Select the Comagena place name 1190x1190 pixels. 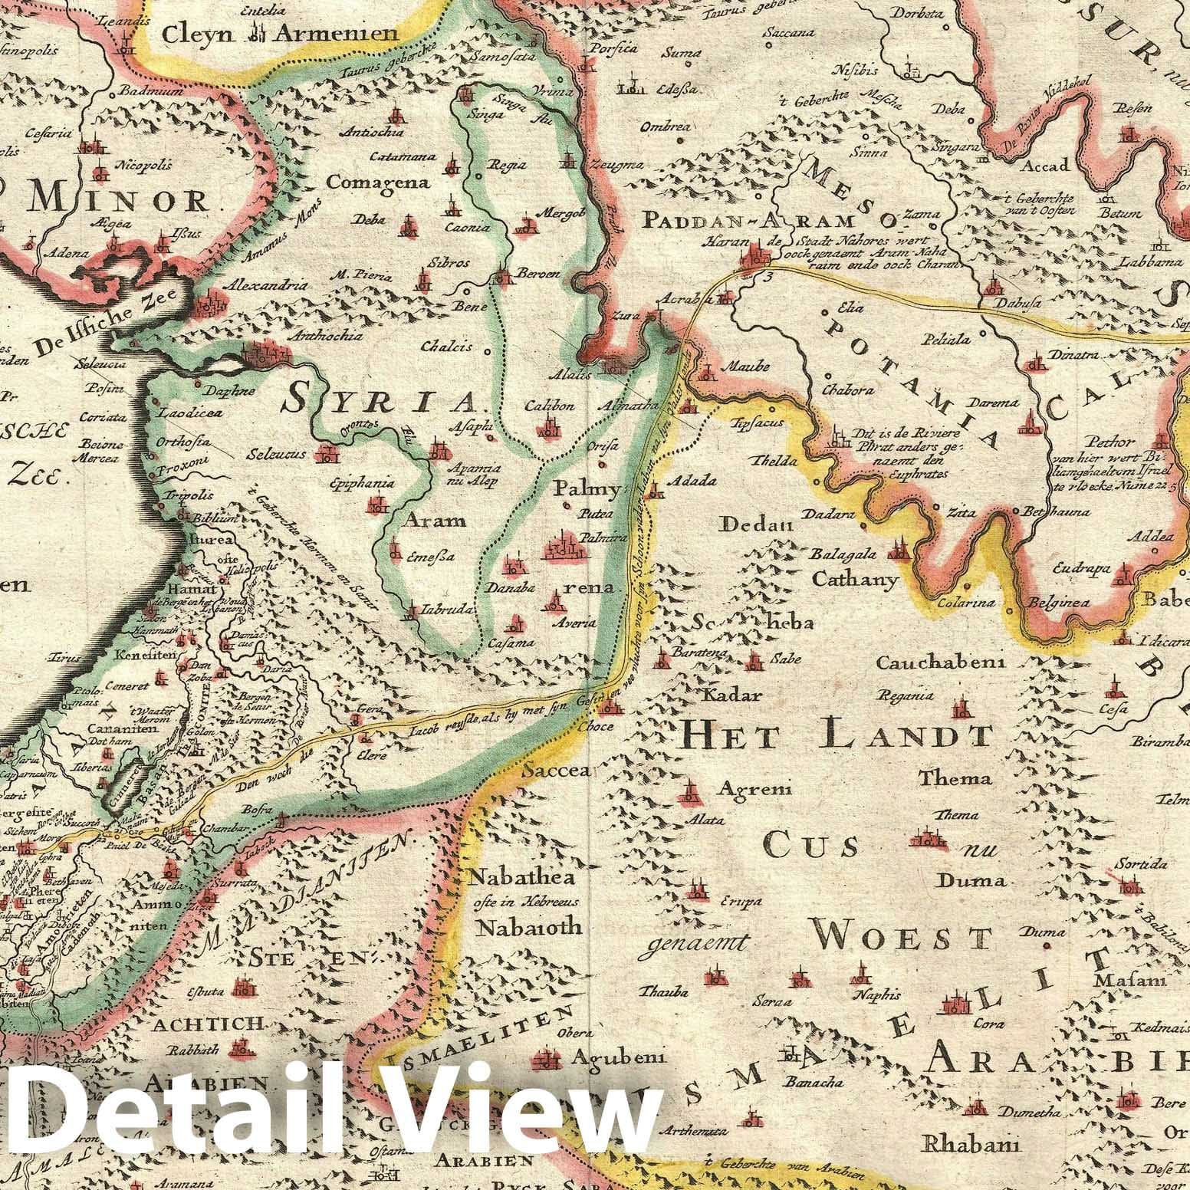(x=367, y=182)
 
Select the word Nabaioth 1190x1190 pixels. (x=529, y=926)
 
